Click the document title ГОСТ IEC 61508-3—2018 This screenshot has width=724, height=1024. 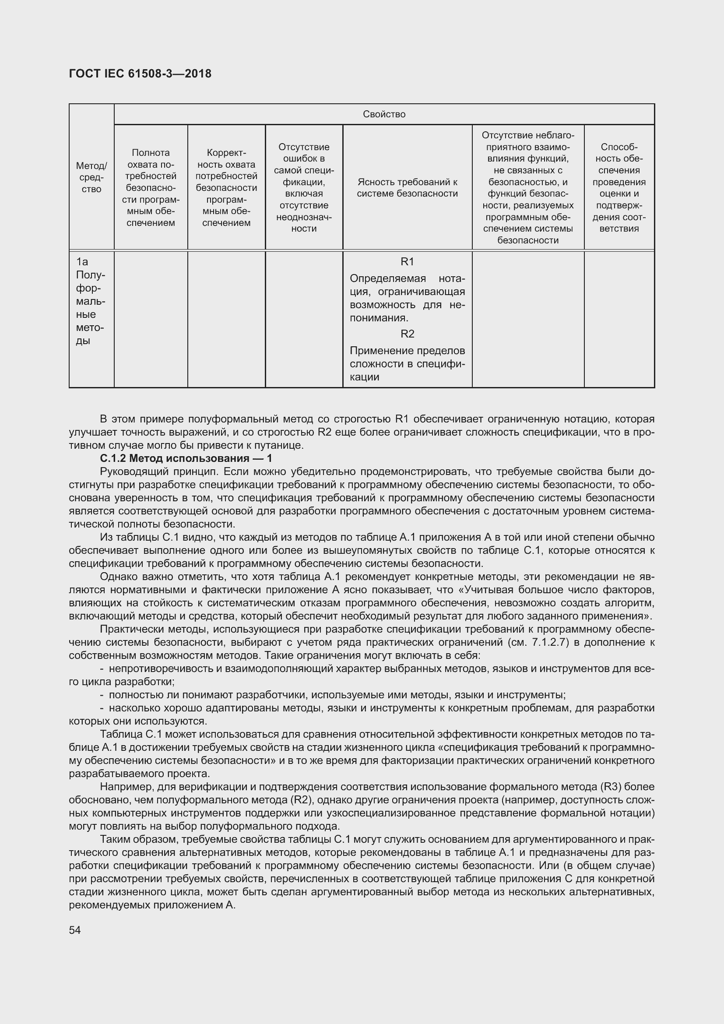click(x=140, y=74)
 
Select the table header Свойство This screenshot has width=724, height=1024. click(x=384, y=114)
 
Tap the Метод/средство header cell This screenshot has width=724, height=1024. click(x=91, y=177)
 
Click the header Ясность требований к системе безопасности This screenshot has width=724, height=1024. click(x=407, y=187)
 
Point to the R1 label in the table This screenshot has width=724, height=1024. click(x=407, y=261)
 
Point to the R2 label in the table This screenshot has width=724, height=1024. click(x=407, y=334)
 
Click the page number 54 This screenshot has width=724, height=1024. click(x=75, y=929)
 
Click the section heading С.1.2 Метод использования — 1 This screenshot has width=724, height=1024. click(x=186, y=458)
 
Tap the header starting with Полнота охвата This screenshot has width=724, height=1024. click(x=151, y=187)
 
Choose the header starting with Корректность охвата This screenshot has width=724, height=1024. click(x=226, y=187)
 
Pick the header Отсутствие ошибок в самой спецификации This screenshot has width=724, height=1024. click(x=304, y=187)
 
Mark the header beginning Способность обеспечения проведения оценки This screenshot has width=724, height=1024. click(x=619, y=187)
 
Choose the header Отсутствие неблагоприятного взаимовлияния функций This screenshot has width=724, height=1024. click(x=528, y=187)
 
